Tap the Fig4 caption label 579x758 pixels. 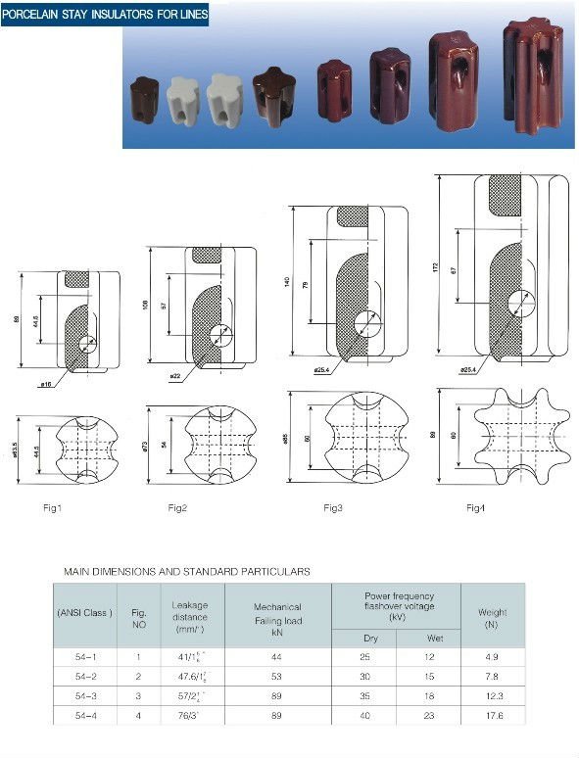(x=476, y=507)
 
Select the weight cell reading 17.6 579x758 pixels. (x=492, y=715)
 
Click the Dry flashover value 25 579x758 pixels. (x=363, y=656)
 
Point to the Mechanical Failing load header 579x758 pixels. (x=277, y=614)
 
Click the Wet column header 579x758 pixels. (x=427, y=638)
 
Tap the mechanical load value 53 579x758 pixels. (x=277, y=676)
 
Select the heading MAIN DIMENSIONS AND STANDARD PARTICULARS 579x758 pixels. (x=187, y=570)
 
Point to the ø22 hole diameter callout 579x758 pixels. (x=175, y=377)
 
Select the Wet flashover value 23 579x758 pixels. (x=427, y=715)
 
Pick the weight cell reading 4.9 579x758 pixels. (x=492, y=656)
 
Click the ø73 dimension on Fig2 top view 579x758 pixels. (x=144, y=449)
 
